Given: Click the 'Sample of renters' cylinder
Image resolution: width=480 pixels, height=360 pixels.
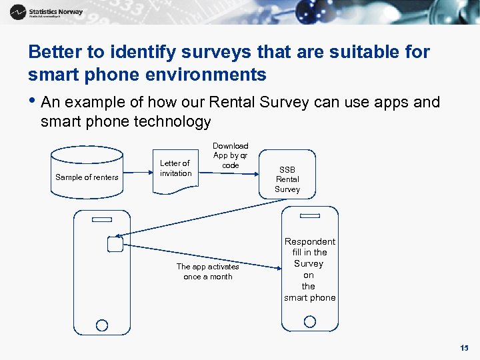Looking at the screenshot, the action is point(87,173).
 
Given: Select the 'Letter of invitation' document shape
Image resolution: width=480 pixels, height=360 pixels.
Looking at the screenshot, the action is point(175,170).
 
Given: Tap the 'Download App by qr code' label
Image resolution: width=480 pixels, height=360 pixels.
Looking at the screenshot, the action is point(230,155).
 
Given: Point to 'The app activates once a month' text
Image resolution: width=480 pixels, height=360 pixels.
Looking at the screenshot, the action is point(207,271).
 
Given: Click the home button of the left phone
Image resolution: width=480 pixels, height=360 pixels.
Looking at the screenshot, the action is point(102,325).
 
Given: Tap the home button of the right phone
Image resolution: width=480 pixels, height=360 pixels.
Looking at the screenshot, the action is point(310,321).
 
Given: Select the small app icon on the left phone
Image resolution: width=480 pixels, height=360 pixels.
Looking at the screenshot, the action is point(115,245).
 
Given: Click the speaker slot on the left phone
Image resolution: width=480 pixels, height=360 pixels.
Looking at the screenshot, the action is point(102,219).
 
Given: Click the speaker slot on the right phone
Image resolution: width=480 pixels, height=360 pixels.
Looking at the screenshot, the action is point(310,215).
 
